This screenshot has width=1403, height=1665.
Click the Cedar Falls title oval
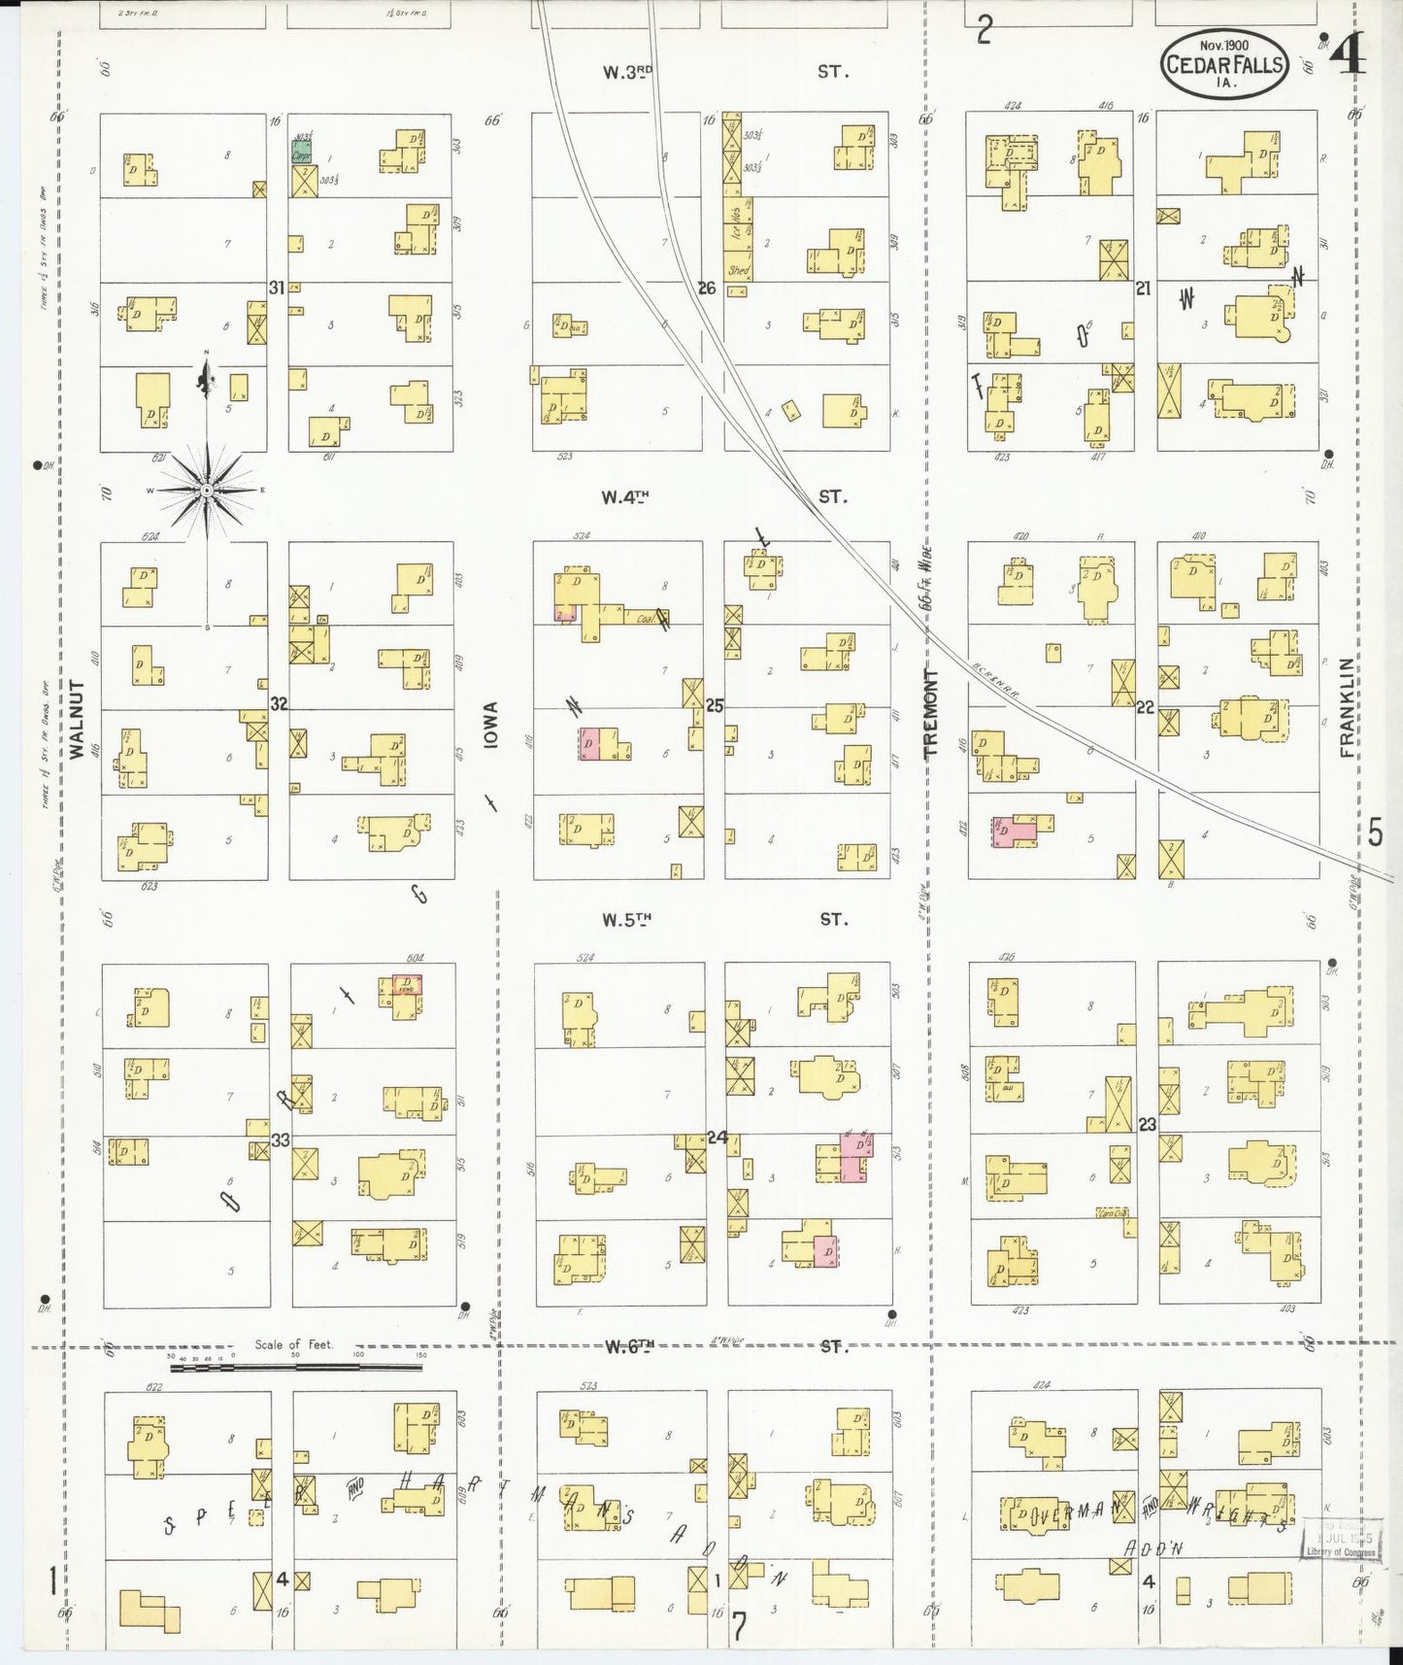click(x=1223, y=64)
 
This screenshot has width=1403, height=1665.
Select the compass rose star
click(x=206, y=491)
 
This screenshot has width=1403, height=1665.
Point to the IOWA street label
click(x=490, y=725)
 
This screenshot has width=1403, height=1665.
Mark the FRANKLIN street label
click(x=1347, y=707)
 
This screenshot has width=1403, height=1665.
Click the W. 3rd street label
click(x=625, y=72)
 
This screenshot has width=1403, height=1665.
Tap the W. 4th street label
click(x=624, y=497)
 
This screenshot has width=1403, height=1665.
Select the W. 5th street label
click(x=625, y=920)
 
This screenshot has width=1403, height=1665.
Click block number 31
click(x=277, y=288)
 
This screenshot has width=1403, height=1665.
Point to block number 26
click(x=706, y=288)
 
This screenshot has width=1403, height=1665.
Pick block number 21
click(x=1143, y=288)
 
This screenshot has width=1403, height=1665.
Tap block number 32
click(x=279, y=703)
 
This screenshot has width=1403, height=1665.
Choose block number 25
click(x=715, y=705)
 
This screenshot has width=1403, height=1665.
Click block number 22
click(x=1145, y=707)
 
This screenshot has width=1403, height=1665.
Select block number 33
click(x=280, y=1139)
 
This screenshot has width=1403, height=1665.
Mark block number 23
click(x=1148, y=1124)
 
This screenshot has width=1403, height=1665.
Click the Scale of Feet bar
click(x=295, y=1367)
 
